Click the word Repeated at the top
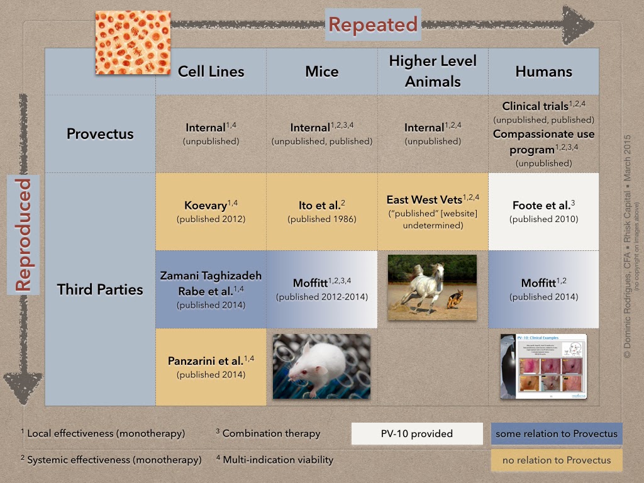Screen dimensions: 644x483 pos(372,25)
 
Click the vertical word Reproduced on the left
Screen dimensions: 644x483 pos(23,235)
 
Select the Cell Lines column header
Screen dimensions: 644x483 pos(211,71)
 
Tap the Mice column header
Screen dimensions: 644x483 pos(322,71)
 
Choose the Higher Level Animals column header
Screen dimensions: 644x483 pos(433,71)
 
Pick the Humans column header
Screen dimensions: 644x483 pos(543,71)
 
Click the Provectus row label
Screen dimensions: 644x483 pos(100,134)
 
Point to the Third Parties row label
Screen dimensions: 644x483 pos(100,289)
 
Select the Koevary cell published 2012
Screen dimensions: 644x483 pos(211,211)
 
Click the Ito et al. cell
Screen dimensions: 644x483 pos(322,211)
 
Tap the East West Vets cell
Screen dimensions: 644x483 pos(433,211)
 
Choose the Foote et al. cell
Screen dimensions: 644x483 pos(543,211)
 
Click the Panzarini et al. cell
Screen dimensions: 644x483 pos(211,367)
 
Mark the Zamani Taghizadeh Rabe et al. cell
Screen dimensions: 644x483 pos(211,289)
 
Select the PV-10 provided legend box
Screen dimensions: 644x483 pos(416,433)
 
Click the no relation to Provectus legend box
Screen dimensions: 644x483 pos(556,460)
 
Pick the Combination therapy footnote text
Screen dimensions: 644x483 pos(271,433)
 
